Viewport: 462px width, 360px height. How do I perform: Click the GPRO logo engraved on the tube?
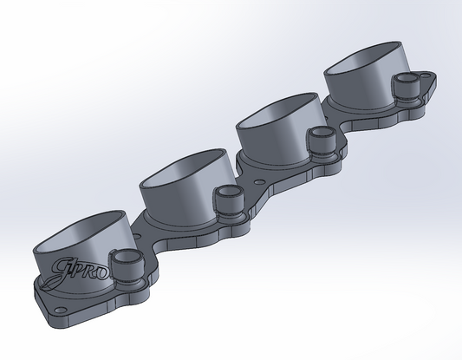click(x=79, y=270)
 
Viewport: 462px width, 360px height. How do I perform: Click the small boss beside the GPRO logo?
click(x=127, y=260)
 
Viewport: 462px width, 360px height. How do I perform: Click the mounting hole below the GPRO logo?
click(x=59, y=311)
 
